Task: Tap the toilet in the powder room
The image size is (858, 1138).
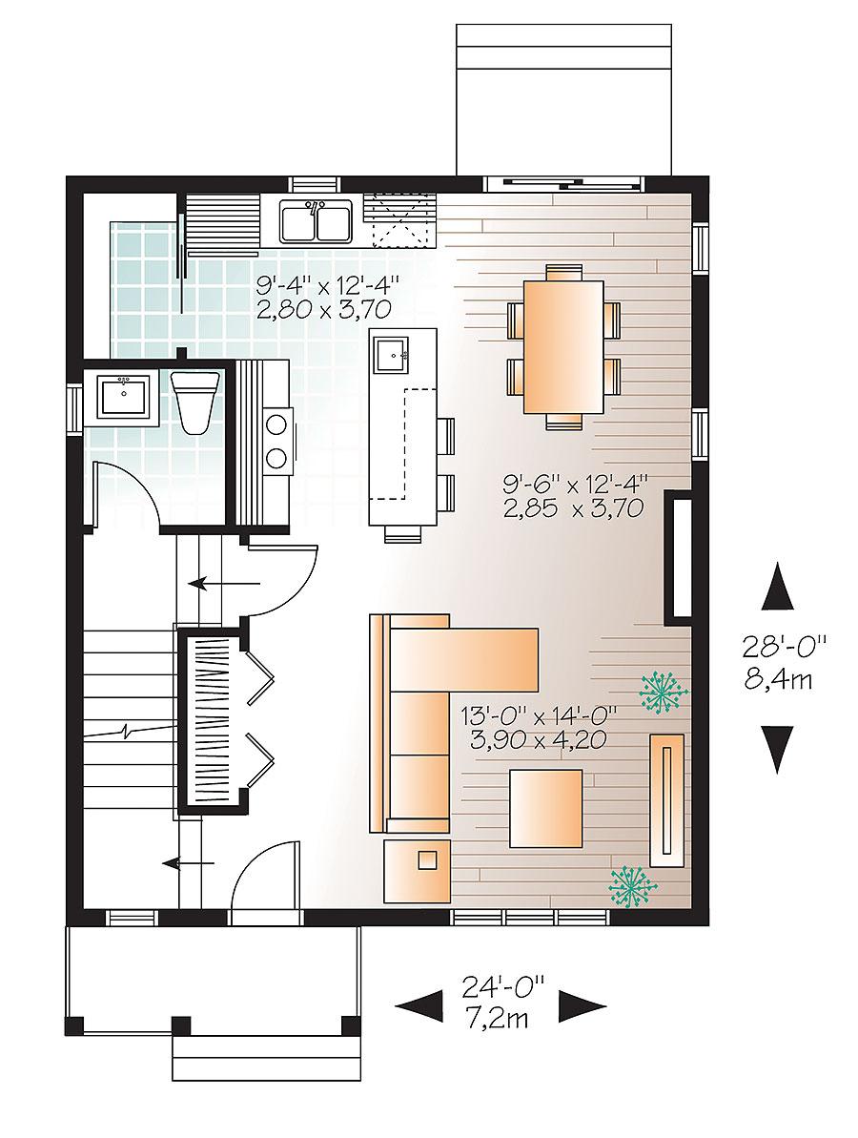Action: click(x=194, y=400)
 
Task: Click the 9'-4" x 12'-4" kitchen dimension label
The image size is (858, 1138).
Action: click(x=326, y=296)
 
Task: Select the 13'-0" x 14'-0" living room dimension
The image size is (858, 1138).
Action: click(x=540, y=725)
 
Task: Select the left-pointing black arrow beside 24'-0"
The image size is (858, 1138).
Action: click(x=419, y=1004)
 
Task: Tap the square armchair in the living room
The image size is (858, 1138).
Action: click(x=545, y=809)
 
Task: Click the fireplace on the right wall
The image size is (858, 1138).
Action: click(x=678, y=558)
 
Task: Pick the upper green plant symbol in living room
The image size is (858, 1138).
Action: click(x=662, y=693)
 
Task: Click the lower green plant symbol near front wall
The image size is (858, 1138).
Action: click(x=630, y=884)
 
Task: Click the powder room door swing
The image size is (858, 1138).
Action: click(x=124, y=491)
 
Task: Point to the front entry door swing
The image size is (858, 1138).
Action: click(x=264, y=878)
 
